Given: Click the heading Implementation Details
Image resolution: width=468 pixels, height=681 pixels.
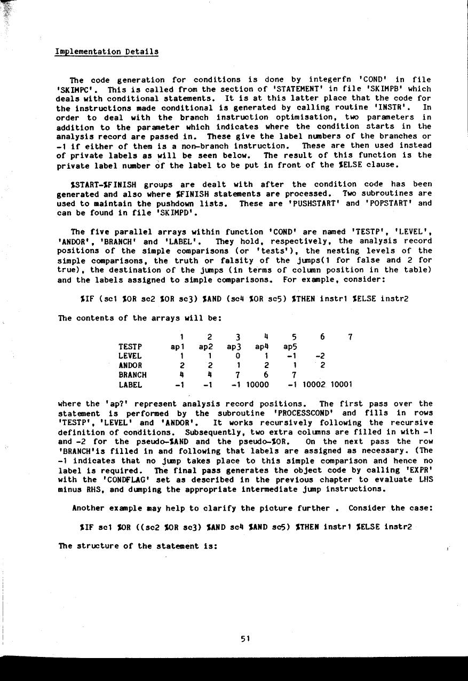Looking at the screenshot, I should [107, 52].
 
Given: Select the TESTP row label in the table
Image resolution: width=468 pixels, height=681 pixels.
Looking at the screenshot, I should [130, 346].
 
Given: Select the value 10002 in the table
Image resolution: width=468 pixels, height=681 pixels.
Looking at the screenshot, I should [317, 385].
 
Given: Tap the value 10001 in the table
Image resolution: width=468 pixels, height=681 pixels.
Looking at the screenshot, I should [342, 385].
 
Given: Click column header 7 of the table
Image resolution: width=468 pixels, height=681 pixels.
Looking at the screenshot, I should [350, 336].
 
